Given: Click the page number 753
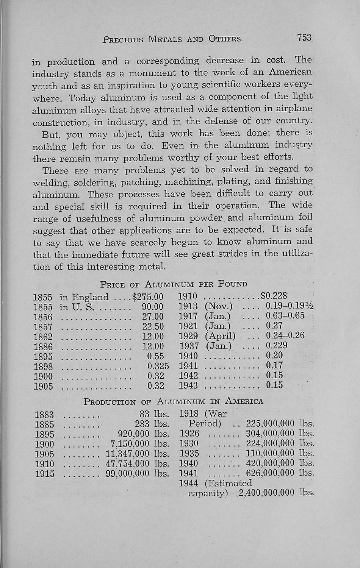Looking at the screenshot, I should click(x=304, y=38).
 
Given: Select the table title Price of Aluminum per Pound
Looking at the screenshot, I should click(x=174, y=284).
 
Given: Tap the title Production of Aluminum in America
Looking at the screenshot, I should click(x=173, y=401).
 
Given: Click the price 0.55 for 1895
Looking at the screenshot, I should click(x=155, y=356).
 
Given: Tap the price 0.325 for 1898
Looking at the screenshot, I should click(x=158, y=366).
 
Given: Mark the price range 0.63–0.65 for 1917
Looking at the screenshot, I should click(x=285, y=315).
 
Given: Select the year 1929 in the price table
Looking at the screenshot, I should click(x=188, y=336).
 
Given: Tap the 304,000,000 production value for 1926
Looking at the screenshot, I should click(x=270, y=434).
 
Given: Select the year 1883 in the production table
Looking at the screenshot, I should click(x=44, y=415).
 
